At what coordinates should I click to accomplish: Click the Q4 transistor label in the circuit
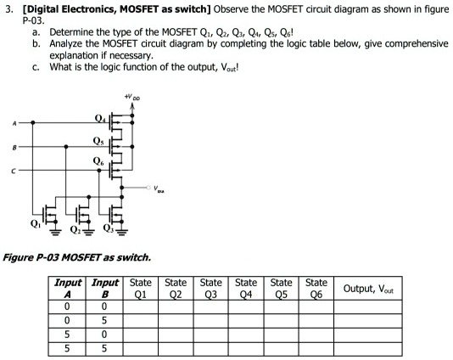tap(101, 118)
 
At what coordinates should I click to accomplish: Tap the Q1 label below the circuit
tap(35, 227)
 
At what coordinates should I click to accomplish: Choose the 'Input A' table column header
tap(69, 289)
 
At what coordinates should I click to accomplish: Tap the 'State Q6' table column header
tap(316, 289)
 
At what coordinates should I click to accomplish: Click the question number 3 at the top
tap(7, 8)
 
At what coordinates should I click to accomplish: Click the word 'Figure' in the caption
tap(20, 256)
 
